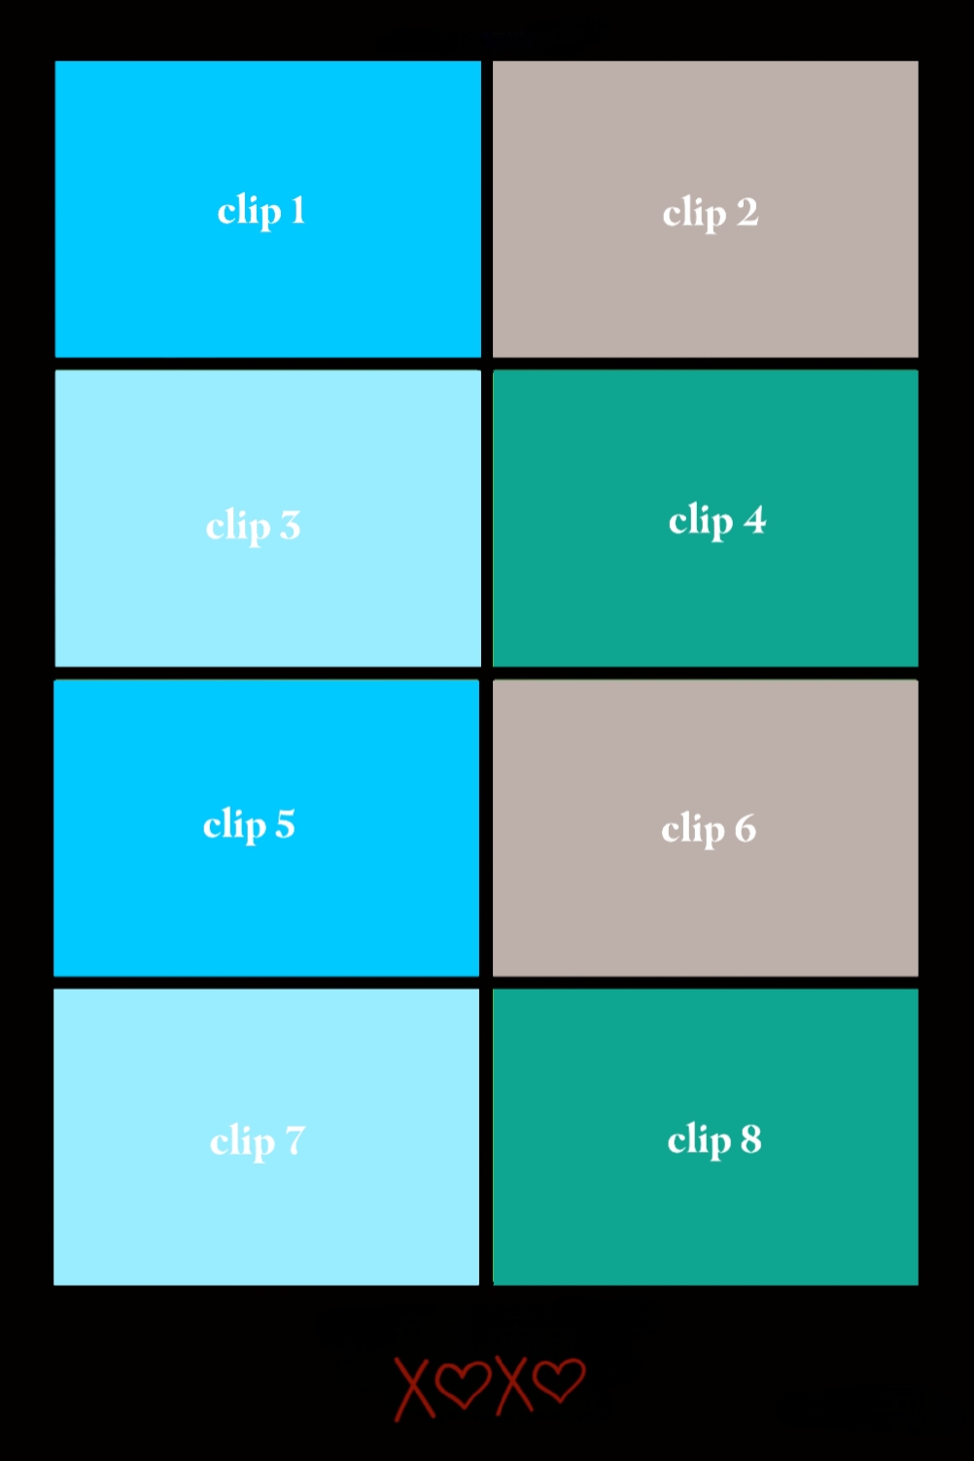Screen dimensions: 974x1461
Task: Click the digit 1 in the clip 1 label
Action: (297, 210)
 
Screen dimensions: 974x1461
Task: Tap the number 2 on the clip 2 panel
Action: (748, 213)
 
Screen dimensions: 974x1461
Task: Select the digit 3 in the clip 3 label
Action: (290, 526)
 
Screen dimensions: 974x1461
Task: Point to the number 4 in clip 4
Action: (754, 520)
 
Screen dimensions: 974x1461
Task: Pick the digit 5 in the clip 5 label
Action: (285, 824)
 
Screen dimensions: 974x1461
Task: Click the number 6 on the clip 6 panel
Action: (745, 829)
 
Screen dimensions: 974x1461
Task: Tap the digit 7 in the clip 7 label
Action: (295, 1141)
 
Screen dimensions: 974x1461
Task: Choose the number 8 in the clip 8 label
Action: (750, 1139)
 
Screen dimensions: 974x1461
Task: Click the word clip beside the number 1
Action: (249, 211)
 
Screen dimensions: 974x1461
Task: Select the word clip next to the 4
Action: (701, 521)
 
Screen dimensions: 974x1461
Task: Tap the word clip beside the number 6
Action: (693, 829)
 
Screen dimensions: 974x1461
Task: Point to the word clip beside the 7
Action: (242, 1142)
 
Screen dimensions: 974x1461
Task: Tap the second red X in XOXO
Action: (513, 1385)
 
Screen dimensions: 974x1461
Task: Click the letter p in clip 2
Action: (713, 217)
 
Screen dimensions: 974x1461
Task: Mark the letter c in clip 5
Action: (212, 827)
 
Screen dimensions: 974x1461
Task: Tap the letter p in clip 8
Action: (717, 1144)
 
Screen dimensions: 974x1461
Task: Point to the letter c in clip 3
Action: (215, 528)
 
